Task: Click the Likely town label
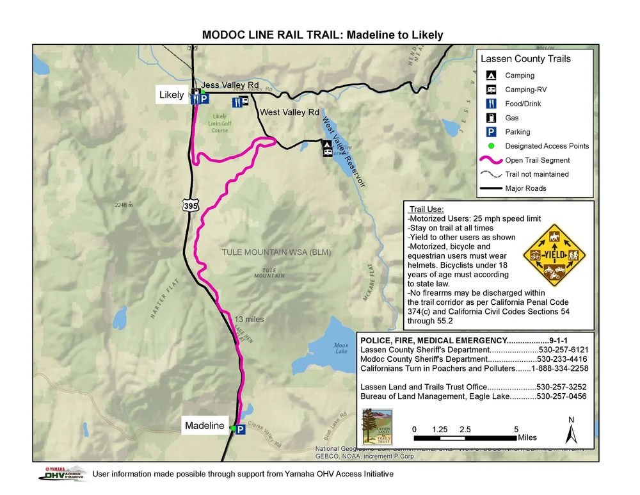(x=172, y=95)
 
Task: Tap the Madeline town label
(x=205, y=425)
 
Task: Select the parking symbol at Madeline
(x=241, y=430)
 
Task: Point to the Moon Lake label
(x=341, y=348)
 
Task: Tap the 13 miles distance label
(x=249, y=319)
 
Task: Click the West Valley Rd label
(x=289, y=112)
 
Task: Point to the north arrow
(x=571, y=430)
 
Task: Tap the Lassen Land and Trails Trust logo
(x=376, y=426)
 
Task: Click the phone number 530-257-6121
(x=563, y=350)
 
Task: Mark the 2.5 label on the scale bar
(x=465, y=429)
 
